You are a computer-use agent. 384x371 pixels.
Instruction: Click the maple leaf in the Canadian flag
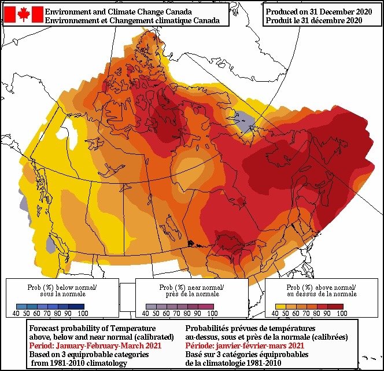point(24,14)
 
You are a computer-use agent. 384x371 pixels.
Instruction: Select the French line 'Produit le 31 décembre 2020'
point(314,20)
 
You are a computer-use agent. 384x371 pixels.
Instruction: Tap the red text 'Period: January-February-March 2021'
point(94,345)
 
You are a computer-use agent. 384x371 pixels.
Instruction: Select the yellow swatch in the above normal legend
point(280,306)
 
